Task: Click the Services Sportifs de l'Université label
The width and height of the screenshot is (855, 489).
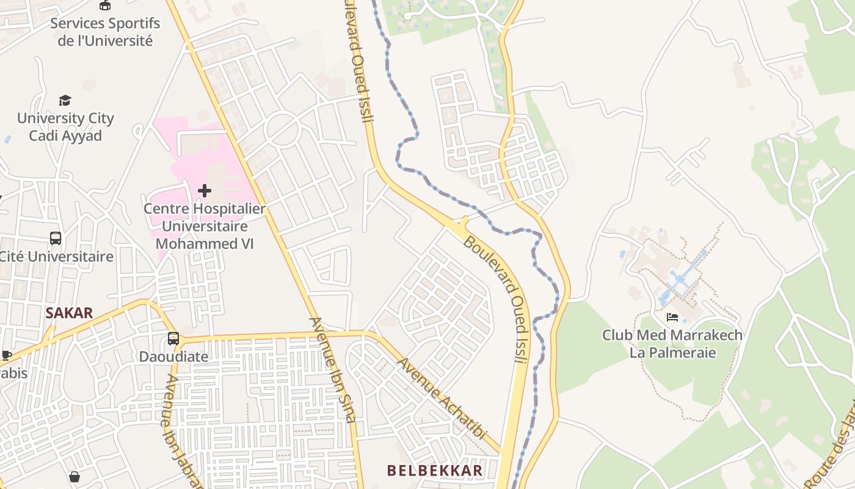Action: pyautogui.click(x=104, y=32)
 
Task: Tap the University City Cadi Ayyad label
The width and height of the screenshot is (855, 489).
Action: pyautogui.click(x=65, y=127)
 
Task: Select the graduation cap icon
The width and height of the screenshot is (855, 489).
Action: pyautogui.click(x=65, y=100)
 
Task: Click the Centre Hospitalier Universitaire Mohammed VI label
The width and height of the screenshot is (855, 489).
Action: pyautogui.click(x=205, y=226)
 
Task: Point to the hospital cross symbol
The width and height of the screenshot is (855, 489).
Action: pyautogui.click(x=205, y=191)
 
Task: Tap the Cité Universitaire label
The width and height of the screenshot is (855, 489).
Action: pyautogui.click(x=56, y=256)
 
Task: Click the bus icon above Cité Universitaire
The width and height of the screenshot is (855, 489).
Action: pyautogui.click(x=56, y=238)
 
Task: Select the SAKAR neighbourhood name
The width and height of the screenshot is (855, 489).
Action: pyautogui.click(x=69, y=313)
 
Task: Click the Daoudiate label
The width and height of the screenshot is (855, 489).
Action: pyautogui.click(x=173, y=356)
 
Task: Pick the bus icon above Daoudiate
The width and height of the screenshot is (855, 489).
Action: pyautogui.click(x=173, y=338)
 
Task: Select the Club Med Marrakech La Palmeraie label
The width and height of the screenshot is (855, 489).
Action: pyautogui.click(x=672, y=344)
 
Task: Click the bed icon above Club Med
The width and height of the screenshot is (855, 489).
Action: pyautogui.click(x=672, y=317)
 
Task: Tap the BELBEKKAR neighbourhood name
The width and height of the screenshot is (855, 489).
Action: pyautogui.click(x=435, y=470)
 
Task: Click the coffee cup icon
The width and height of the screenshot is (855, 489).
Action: pyautogui.click(x=6, y=355)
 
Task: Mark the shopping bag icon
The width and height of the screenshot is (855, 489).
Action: pyautogui.click(x=75, y=476)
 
